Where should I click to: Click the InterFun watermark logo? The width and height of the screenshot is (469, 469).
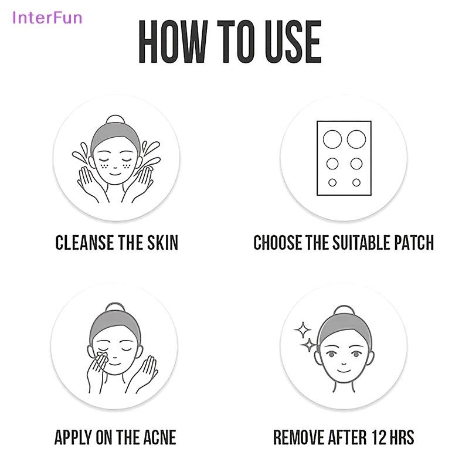pos(47,18)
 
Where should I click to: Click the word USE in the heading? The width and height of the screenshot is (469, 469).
pos(294,42)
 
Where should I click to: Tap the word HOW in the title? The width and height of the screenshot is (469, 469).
pos(173,42)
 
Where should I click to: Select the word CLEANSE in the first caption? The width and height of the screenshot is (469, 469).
pos(84,242)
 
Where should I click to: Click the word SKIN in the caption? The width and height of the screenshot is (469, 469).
pos(163,242)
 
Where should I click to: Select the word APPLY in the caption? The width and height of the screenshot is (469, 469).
pos(74,437)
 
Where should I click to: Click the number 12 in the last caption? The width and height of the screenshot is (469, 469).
pos(379,437)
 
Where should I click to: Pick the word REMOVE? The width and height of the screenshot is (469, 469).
pos(299,437)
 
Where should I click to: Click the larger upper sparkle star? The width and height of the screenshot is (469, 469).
pos(303,330)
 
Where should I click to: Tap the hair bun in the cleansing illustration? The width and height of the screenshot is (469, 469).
pos(115,119)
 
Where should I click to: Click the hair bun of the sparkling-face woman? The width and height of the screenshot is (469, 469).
pos(344,310)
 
